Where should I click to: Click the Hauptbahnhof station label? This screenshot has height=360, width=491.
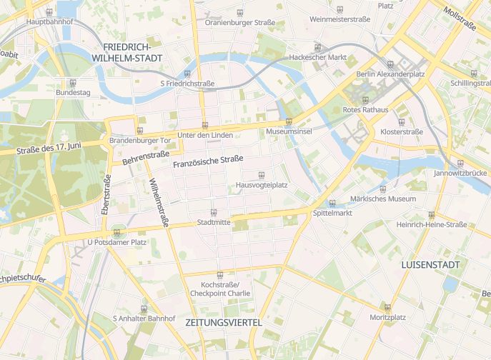coord(49,22)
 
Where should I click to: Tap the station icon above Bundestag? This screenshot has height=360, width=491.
coord(73,83)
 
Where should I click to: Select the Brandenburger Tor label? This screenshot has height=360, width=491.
coord(140,141)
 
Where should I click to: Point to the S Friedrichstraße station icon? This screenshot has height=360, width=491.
coord(187,74)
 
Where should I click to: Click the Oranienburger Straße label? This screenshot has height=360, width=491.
coord(239,23)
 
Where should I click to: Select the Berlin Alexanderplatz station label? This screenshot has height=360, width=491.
coord(390,74)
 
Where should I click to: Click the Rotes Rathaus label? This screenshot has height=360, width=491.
coord(366,109)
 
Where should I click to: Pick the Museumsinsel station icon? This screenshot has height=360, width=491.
coord(289,122)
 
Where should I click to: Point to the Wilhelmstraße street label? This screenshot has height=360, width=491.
coord(157,203)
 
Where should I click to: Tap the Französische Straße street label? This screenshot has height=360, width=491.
coord(208,162)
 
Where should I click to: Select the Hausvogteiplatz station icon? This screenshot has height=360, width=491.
coord(262,175)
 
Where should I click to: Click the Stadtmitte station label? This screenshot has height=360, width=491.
coord(214,222)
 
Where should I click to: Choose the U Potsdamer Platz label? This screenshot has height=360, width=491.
coord(116,242)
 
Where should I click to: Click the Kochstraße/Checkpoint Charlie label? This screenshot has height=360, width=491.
coord(219,289)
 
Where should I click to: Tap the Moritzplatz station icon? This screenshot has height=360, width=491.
coord(388,307)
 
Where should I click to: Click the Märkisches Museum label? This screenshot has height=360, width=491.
coord(382,199)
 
